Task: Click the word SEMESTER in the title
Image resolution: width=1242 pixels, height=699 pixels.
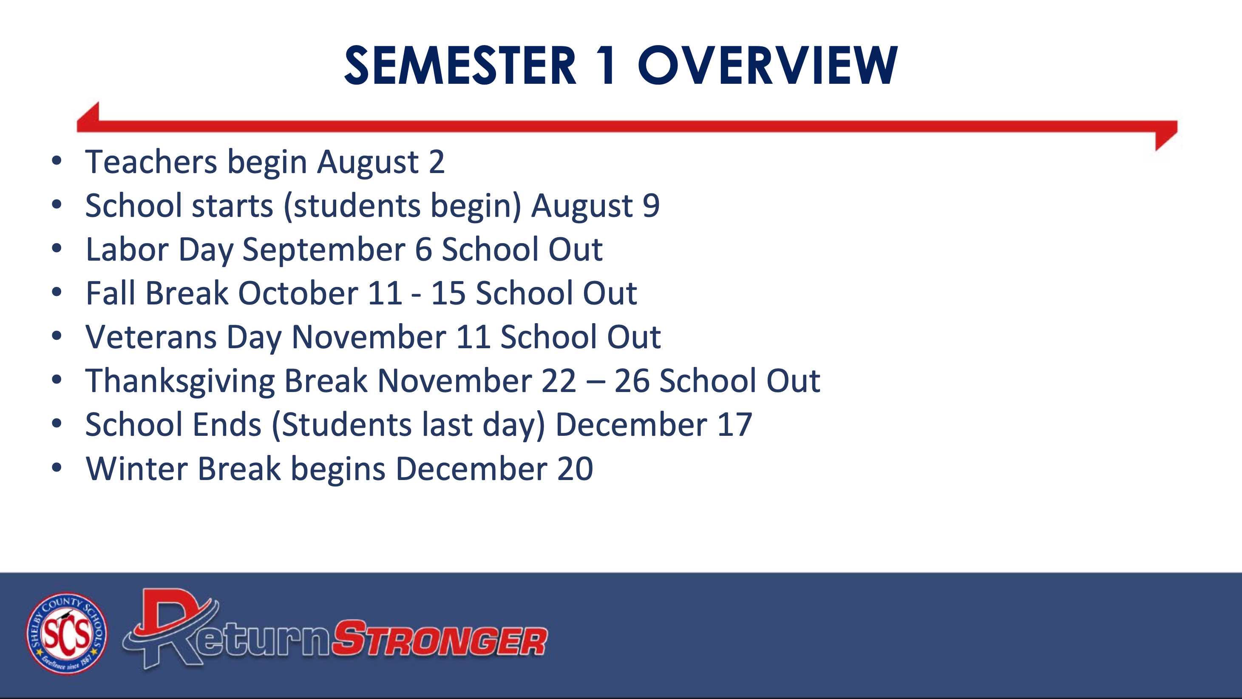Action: click(460, 65)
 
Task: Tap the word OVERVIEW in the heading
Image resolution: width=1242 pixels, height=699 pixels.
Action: click(768, 65)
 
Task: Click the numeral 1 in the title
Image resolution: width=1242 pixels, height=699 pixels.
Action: click(606, 65)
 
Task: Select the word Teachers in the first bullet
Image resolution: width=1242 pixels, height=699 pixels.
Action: click(151, 162)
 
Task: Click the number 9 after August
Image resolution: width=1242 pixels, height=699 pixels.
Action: click(651, 205)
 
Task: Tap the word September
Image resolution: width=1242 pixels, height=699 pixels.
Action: click(324, 250)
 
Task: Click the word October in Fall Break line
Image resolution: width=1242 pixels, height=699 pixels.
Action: click(298, 293)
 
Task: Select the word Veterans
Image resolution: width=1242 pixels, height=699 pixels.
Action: click(151, 337)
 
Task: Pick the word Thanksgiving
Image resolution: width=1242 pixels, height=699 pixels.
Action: click(180, 381)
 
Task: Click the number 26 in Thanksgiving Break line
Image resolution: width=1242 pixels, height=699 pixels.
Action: click(632, 381)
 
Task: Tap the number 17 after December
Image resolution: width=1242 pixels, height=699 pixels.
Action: click(734, 424)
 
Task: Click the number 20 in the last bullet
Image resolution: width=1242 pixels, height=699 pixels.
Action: click(575, 469)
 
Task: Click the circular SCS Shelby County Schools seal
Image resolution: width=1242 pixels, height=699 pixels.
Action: click(67, 634)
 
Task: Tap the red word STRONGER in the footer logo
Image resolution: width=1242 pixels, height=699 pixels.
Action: click(440, 638)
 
